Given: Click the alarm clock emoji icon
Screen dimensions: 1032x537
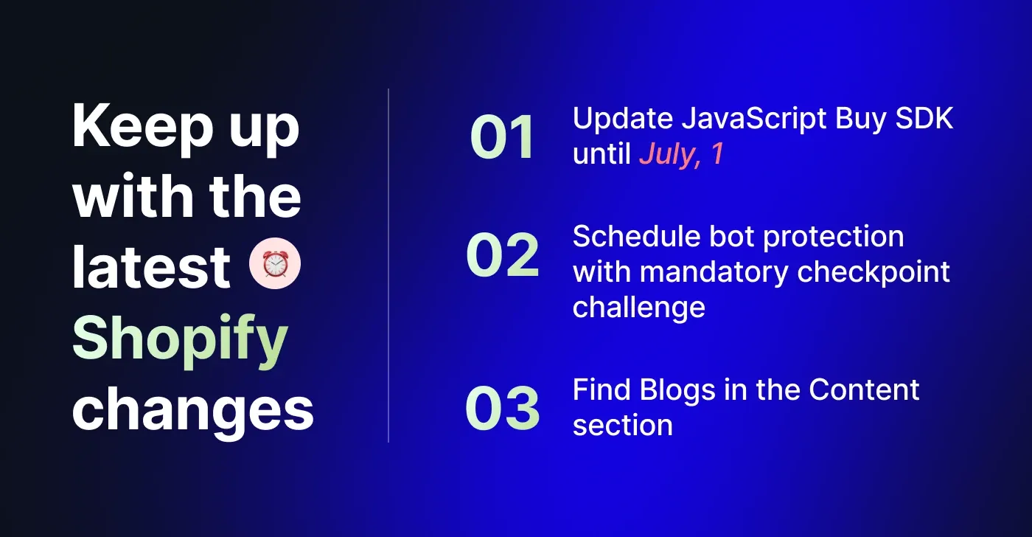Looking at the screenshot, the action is pyautogui.click(x=274, y=263).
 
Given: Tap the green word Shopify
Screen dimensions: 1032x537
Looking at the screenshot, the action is pyautogui.click(x=180, y=341).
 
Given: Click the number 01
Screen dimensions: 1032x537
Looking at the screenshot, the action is pyautogui.click(x=502, y=137).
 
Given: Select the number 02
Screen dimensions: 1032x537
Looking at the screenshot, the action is pyautogui.click(x=502, y=254).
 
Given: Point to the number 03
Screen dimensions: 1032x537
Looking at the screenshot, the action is pyautogui.click(x=502, y=409).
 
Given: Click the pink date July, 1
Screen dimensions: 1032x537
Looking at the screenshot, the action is pyautogui.click(x=681, y=154).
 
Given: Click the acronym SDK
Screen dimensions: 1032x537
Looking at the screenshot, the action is pyautogui.click(x=924, y=119).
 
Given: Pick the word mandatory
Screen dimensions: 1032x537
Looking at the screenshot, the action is pyautogui.click(x=714, y=272).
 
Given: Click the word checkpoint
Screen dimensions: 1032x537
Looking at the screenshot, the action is pyautogui.click(x=874, y=272).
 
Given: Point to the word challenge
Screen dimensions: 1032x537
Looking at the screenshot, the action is pyautogui.click(x=639, y=308).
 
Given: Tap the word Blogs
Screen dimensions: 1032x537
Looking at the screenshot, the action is pyautogui.click(x=677, y=391).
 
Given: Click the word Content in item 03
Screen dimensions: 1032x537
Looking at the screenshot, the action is pyautogui.click(x=864, y=390).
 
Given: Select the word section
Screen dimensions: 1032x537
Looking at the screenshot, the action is pyautogui.click(x=623, y=426).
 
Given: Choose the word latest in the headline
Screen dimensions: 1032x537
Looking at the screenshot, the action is pyautogui.click(x=151, y=267).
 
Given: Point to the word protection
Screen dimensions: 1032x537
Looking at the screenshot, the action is pyautogui.click(x=834, y=238).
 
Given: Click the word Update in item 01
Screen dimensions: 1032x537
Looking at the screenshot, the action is pyautogui.click(x=623, y=119).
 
